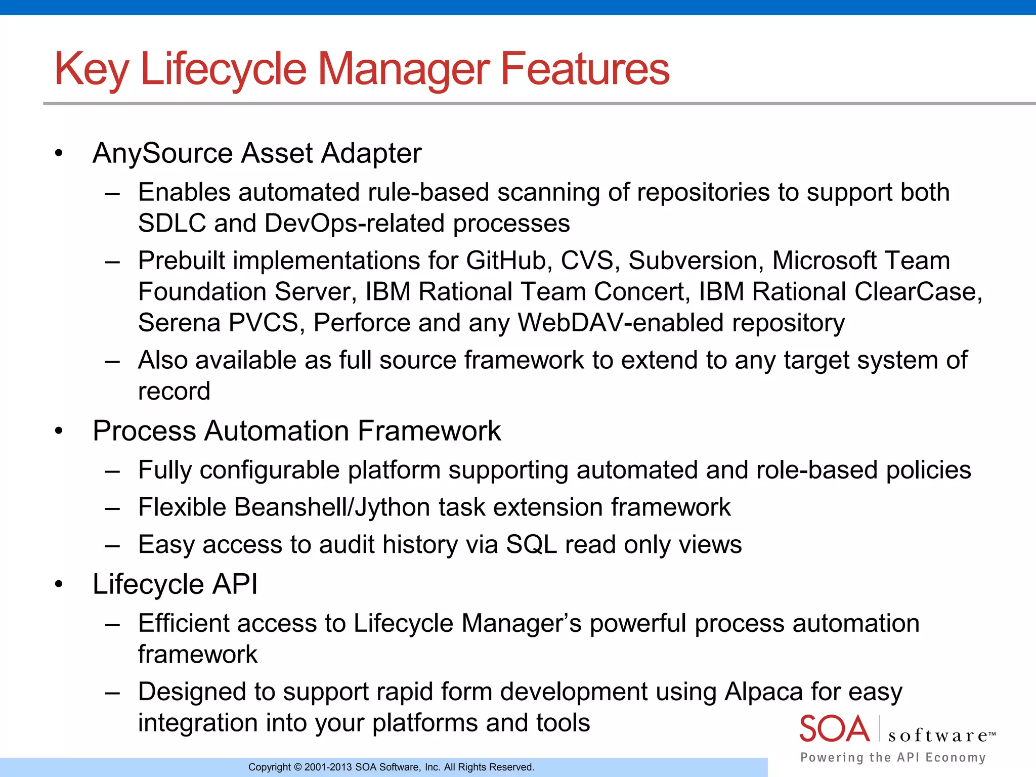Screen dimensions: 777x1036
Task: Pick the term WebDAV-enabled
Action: click(620, 323)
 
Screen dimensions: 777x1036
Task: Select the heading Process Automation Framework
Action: click(296, 431)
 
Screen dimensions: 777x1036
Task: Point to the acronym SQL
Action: click(531, 545)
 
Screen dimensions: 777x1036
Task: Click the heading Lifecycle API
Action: click(175, 584)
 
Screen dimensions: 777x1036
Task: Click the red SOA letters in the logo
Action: click(834, 729)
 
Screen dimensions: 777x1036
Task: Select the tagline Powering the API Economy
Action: click(893, 757)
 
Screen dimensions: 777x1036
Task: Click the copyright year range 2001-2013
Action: click(328, 767)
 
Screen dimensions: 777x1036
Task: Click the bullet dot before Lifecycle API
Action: click(59, 585)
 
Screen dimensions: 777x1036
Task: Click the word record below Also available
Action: click(174, 392)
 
